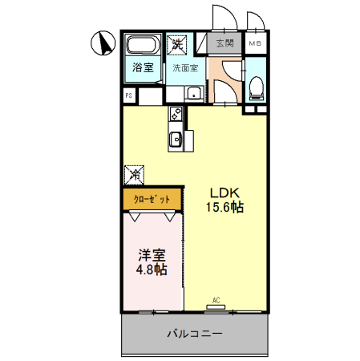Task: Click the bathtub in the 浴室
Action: (x=143, y=45)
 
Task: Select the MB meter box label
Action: (x=254, y=43)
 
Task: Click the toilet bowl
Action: (x=256, y=85)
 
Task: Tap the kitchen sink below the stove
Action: (x=176, y=141)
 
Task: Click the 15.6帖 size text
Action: (x=226, y=208)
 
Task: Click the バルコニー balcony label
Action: (x=194, y=333)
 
